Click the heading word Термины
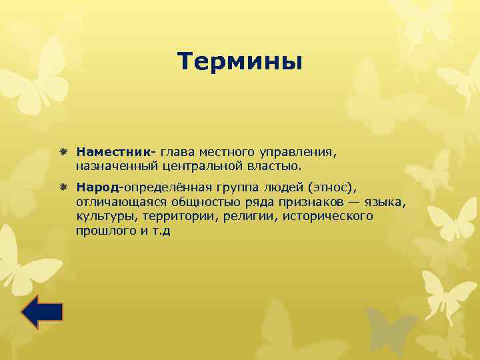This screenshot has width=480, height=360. (x=240, y=62)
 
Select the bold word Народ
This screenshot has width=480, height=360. (x=97, y=189)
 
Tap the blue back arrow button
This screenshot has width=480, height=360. (x=42, y=311)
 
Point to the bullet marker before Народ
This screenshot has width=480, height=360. (x=63, y=189)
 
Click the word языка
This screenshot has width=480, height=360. (x=387, y=202)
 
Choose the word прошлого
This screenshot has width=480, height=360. (x=105, y=230)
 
